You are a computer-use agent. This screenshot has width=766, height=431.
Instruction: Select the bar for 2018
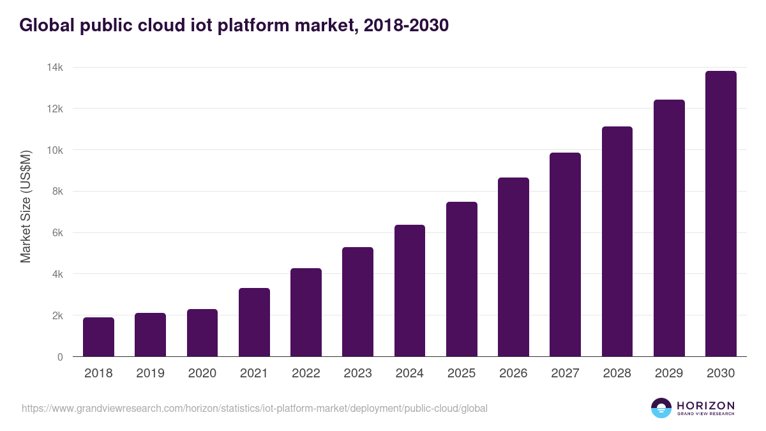tap(98, 337)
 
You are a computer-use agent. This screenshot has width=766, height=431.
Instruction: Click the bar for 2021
tap(254, 322)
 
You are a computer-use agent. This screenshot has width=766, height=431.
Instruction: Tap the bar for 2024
tap(410, 291)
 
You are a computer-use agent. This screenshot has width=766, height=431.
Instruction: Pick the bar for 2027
tap(566, 255)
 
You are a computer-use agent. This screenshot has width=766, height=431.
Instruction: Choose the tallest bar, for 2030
tap(721, 214)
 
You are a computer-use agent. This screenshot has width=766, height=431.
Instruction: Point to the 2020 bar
tap(202, 333)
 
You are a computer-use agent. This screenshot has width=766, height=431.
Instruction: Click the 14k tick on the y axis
tap(56, 68)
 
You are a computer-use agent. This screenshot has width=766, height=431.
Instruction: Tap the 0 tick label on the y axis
tap(60, 357)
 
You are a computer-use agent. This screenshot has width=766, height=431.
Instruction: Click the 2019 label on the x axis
tap(150, 374)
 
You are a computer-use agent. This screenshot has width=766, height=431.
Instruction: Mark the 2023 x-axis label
tap(357, 374)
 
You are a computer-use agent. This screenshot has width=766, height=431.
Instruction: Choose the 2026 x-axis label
tap(513, 374)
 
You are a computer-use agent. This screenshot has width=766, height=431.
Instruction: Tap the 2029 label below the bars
tap(669, 374)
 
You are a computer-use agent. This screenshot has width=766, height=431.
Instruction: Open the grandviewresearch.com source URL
tap(255, 408)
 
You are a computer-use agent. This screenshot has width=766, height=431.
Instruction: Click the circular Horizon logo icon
tap(661, 408)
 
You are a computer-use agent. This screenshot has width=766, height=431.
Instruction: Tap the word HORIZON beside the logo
tap(705, 405)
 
